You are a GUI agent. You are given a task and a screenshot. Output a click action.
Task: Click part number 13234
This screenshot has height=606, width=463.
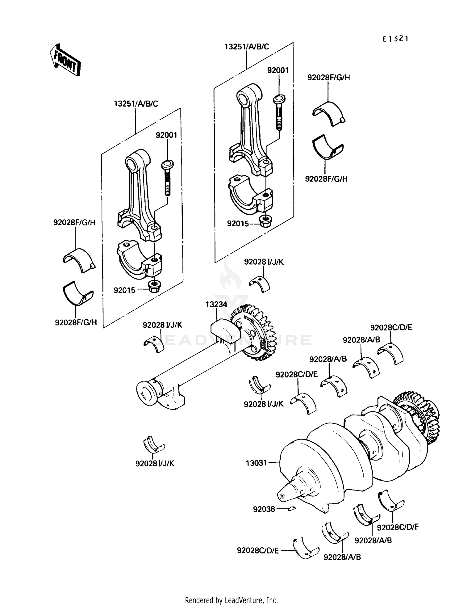click(x=216, y=304)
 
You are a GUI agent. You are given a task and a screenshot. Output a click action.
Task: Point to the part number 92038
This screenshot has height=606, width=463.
click(x=264, y=509)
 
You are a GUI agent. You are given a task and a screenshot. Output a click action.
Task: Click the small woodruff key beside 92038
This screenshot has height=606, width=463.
click(x=292, y=509)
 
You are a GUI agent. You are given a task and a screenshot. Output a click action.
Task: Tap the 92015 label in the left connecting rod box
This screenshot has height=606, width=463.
click(x=124, y=290)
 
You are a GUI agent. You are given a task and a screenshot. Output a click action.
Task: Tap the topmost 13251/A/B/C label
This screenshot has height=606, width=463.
click(x=247, y=47)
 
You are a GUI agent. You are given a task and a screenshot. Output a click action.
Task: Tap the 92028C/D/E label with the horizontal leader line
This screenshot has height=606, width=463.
click(x=258, y=550)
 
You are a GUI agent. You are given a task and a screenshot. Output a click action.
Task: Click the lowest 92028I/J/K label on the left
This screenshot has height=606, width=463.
click(x=155, y=464)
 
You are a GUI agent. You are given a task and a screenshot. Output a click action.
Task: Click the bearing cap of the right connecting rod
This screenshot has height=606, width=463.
click(x=251, y=195)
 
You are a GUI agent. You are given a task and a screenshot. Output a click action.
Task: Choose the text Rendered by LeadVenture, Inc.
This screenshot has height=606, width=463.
click(x=231, y=600)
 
